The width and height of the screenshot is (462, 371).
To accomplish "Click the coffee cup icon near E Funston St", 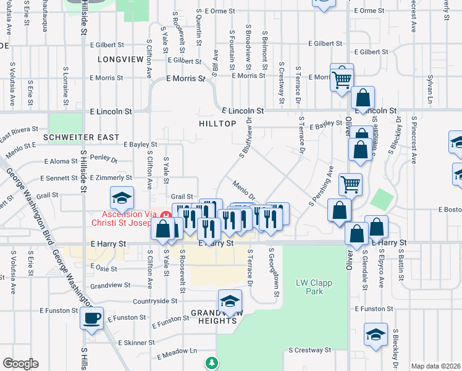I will tap(92, 318).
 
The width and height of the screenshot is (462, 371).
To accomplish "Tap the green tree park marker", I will tap(212, 363).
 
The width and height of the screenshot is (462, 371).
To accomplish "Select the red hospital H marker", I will tap(165, 216).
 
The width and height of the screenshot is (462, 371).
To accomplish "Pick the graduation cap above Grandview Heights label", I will tap(230, 301).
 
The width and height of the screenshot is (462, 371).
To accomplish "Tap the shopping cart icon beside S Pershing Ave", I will tap(350, 183).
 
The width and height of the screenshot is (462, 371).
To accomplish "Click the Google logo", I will tap(20, 364).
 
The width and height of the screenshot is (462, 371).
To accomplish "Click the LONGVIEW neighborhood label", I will tap(120, 59).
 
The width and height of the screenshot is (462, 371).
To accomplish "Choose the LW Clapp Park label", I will tap(310, 287).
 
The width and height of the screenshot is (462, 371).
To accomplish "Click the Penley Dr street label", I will tap(104, 158).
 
